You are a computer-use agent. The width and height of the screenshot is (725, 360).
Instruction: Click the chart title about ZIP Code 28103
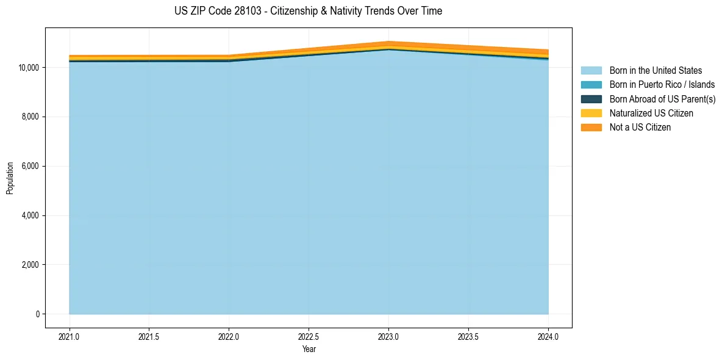[x=308, y=11]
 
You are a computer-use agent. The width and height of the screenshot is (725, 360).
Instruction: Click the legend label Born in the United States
[x=655, y=71]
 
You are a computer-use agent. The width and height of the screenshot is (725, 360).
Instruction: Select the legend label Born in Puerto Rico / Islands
[x=662, y=85]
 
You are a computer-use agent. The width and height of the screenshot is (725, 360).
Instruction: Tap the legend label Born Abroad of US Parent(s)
[x=662, y=99]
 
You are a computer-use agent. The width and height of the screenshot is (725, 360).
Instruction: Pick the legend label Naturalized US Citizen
[x=651, y=113]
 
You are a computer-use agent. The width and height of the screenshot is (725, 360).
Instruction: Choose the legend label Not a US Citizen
[x=640, y=128]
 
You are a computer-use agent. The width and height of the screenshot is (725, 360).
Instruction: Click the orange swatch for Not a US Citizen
[x=591, y=128]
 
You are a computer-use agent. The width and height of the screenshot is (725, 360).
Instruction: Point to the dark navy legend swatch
[x=591, y=99]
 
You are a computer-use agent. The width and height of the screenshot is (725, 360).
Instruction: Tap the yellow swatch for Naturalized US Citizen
[x=591, y=113]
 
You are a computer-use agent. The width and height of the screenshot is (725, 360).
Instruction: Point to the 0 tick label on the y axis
[x=37, y=314]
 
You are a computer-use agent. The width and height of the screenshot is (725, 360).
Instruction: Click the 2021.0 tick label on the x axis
[x=70, y=336]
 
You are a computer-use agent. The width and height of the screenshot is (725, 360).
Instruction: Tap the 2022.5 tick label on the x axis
[x=309, y=336]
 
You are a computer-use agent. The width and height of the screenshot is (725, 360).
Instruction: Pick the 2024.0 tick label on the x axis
[x=548, y=336]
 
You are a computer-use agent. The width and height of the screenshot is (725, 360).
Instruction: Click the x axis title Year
[x=309, y=349]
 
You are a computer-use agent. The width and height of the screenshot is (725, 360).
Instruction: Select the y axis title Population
[x=10, y=178]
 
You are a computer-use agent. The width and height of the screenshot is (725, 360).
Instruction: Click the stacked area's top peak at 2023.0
[x=388, y=42]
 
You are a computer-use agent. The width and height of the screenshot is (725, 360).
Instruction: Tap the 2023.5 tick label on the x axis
[x=468, y=336]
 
